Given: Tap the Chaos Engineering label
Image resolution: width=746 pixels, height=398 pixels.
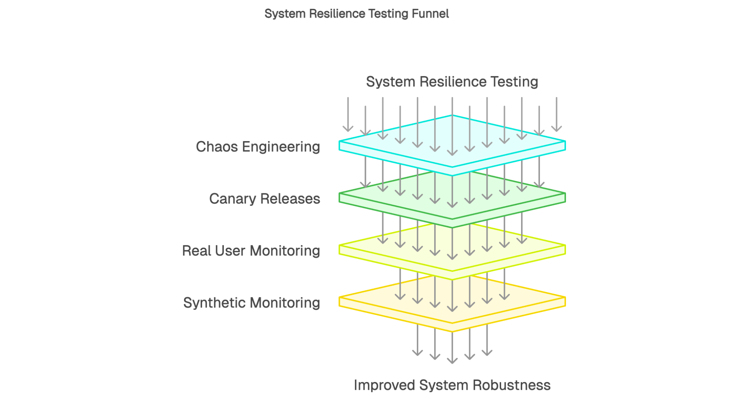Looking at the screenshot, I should coord(258,147).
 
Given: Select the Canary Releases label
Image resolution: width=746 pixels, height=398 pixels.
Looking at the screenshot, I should coord(264,199).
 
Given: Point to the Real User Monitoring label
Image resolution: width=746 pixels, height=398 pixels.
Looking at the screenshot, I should coord(251,251).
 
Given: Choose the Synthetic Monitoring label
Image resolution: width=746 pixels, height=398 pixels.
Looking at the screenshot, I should coord(251,303).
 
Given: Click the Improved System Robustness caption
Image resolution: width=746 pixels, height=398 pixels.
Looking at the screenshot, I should coord(452,385).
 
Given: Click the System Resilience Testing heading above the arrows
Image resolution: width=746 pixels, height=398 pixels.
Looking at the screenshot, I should coord(452,82).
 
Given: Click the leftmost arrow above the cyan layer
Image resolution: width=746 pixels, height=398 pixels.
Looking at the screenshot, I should coord(348,114).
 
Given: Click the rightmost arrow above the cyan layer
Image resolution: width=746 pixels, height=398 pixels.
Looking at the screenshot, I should coord(557,114).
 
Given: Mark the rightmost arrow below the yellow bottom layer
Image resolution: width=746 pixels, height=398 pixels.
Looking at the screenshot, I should coord(487,339).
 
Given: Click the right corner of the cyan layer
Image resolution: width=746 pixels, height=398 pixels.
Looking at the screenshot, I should coord(564,145).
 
